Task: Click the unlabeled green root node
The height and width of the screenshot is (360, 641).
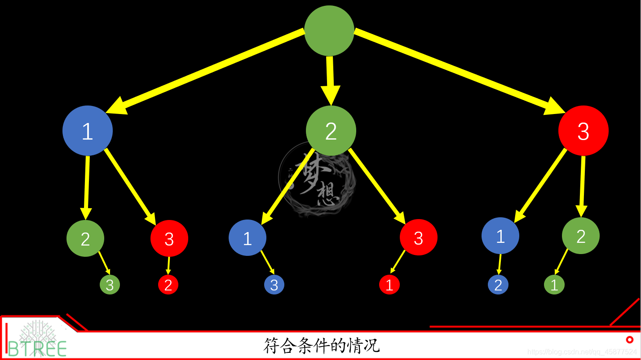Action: [x=329, y=31]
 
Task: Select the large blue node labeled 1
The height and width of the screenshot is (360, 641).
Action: [x=88, y=131]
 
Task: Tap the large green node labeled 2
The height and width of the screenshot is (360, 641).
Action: [x=331, y=131]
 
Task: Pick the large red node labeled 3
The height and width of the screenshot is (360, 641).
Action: [x=583, y=131]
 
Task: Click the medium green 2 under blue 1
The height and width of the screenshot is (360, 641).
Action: [x=85, y=238]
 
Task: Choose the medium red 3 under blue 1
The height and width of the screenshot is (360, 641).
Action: [x=169, y=238]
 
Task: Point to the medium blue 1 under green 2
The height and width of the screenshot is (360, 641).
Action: [x=248, y=237]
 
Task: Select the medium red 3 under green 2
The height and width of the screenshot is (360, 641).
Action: [x=419, y=237]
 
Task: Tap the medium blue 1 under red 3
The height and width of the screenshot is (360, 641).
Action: [x=500, y=236]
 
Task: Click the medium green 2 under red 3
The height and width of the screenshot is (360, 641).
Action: [x=581, y=236]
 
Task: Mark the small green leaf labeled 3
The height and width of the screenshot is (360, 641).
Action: [x=110, y=285]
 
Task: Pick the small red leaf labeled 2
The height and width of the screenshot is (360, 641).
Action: [x=168, y=285]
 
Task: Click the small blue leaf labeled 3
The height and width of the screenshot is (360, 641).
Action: [x=274, y=285]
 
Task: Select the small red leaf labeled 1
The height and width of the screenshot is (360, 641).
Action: [x=389, y=285]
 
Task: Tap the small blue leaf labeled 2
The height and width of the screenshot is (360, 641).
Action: [x=498, y=285]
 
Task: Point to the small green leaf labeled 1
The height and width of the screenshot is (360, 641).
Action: [x=554, y=285]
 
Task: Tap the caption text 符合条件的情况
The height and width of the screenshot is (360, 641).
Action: [x=321, y=346]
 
